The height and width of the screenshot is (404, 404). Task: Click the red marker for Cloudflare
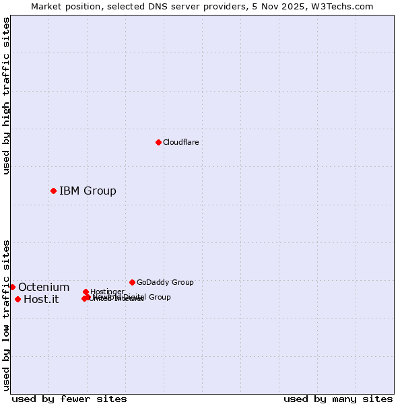click(158, 142)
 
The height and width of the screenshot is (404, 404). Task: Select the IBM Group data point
click(53, 191)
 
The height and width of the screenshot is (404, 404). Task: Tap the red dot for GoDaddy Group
click(132, 282)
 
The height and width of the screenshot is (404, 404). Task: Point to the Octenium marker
click(12, 287)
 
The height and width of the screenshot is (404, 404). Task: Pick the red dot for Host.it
click(18, 299)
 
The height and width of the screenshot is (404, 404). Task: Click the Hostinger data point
click(86, 292)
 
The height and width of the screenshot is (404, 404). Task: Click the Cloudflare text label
click(180, 142)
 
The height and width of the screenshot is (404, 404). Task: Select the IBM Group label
click(88, 191)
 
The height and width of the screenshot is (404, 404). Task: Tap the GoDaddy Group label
click(165, 282)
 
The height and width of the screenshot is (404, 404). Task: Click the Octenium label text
click(44, 288)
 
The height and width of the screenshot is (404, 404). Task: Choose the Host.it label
click(41, 300)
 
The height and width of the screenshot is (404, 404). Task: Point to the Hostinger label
click(107, 292)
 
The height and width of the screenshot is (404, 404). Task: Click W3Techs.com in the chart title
click(344, 6)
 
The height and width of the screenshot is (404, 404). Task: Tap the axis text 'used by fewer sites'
click(69, 399)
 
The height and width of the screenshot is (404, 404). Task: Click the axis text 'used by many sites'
click(338, 399)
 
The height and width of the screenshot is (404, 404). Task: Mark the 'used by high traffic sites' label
click(6, 96)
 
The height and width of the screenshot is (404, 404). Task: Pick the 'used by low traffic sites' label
click(6, 314)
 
